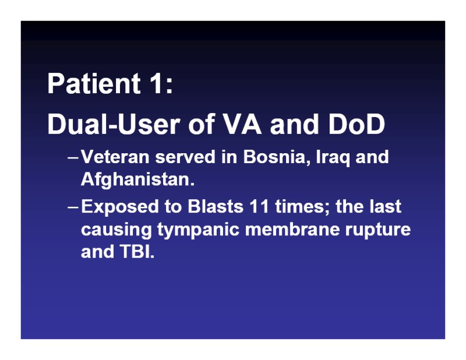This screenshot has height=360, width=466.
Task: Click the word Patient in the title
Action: pyautogui.click(x=94, y=83)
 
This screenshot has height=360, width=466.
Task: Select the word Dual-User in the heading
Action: pyautogui.click(x=114, y=124)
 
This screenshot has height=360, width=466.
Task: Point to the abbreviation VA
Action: pyautogui.click(x=242, y=124)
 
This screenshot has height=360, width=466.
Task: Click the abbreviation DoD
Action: pyautogui.click(x=356, y=124)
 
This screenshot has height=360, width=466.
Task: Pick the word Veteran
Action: pyautogui.click(x=115, y=157)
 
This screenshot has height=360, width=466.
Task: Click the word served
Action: pyautogui.click(x=185, y=157)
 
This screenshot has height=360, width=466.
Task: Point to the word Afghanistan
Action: pyautogui.click(x=137, y=179)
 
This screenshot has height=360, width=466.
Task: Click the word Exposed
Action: pyautogui.click(x=120, y=207)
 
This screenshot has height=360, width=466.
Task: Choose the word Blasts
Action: pyautogui.click(x=216, y=206)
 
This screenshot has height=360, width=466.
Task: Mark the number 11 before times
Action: pyautogui.click(x=259, y=206)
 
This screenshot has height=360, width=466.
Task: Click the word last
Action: pyautogui.click(x=386, y=206)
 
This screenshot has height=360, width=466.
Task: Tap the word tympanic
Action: pyautogui.click(x=198, y=230)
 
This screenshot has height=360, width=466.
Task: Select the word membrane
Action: pyautogui.click(x=292, y=229)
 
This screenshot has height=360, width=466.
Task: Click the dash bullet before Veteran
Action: pyautogui.click(x=73, y=157)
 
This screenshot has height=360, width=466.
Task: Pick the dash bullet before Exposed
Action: pyautogui.click(x=73, y=207)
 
